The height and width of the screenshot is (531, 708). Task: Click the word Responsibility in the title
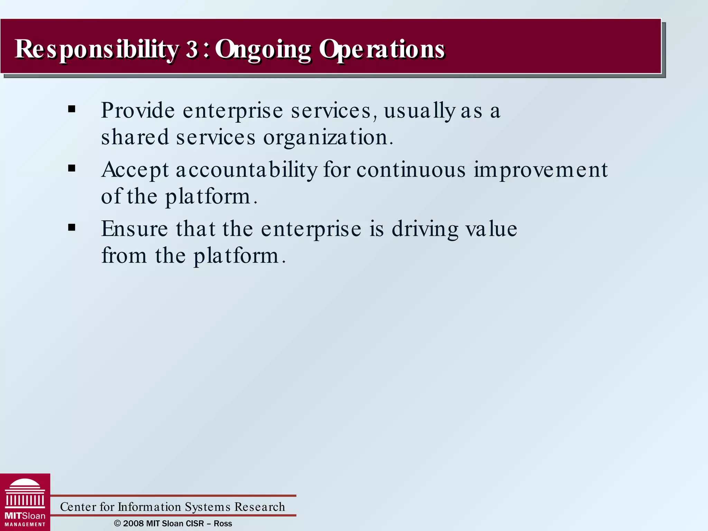point(97,49)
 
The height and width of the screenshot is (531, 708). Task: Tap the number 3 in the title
point(192,49)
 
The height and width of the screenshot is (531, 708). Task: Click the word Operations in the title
point(382,49)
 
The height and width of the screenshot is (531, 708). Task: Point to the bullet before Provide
point(72,110)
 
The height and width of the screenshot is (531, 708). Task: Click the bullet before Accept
point(72,169)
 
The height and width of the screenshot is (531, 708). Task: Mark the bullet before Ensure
point(72,228)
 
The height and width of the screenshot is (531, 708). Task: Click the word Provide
point(138,111)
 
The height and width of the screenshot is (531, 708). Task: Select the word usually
point(419,111)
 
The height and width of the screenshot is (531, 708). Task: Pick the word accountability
point(246,170)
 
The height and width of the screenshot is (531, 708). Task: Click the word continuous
point(411,170)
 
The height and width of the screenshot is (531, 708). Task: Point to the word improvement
point(540,170)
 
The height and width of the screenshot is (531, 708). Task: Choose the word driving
point(425,229)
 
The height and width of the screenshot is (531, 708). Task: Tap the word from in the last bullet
point(124,256)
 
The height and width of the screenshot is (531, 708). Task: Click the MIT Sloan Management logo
point(25,502)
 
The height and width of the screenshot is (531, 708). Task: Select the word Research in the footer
point(260,507)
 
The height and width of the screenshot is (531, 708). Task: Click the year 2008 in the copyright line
point(133,523)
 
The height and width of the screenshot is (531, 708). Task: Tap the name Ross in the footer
point(223,523)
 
